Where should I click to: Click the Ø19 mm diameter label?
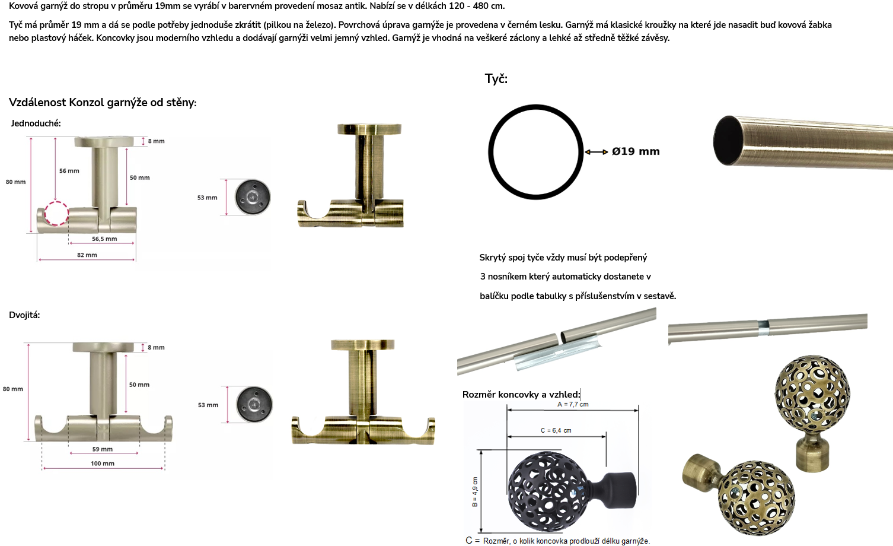point(636,151)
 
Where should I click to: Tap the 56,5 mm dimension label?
point(104,239)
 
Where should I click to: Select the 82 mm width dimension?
point(87,255)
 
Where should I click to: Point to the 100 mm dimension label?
point(103,464)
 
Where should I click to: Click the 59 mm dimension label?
point(103,449)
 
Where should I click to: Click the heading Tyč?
point(496,78)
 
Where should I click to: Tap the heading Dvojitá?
point(24,315)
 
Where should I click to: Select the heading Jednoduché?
point(36,123)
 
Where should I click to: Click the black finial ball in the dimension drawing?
point(548,491)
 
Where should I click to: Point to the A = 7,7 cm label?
point(573,404)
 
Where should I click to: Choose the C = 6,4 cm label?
point(556,430)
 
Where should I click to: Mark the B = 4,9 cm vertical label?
point(475,492)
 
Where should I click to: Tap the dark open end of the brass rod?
point(728,141)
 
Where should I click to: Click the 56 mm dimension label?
point(69,171)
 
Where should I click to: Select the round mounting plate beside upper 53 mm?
point(253,197)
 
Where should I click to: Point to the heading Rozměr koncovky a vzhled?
point(521,394)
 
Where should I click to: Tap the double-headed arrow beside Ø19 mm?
point(596,152)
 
